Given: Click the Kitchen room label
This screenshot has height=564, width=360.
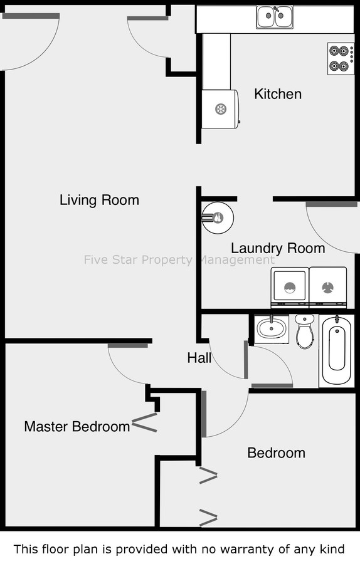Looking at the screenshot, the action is click(278, 94).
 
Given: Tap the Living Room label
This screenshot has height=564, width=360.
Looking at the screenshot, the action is click(99, 200).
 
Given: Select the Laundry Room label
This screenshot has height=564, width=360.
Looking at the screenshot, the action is click(278, 248).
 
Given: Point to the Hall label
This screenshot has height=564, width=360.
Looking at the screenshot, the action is click(199, 358).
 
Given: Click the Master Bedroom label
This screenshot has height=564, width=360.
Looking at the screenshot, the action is click(77, 427).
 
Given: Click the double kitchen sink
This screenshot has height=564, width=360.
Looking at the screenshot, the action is click(275, 16).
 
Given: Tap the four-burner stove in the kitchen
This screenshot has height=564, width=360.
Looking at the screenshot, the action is click(341, 59).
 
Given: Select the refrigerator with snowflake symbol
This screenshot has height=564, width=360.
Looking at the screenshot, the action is click(220, 108).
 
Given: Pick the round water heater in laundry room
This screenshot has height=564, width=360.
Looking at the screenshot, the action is click(218, 217).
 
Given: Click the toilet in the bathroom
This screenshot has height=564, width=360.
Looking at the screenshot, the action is click(305, 332).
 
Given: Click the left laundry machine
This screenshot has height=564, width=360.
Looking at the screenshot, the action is click(290, 288).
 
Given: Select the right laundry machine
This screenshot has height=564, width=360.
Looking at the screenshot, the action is click(328, 288).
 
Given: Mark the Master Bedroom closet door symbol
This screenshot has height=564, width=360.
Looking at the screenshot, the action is click(145, 422).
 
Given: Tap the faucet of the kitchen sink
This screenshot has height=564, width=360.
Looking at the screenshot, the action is click(276, 9).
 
